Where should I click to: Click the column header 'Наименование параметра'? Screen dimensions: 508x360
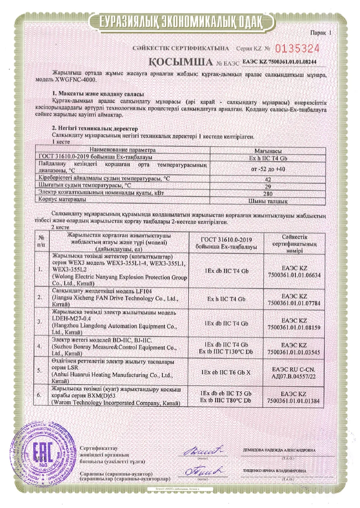coord(123,150)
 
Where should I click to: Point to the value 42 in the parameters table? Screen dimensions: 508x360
coord(267,179)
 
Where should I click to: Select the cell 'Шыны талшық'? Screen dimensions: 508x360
coord(267,201)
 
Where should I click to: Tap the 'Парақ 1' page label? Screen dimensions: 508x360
coord(320,34)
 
